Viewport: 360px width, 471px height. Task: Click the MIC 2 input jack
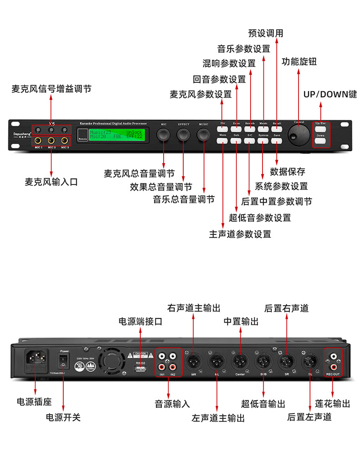(51, 141)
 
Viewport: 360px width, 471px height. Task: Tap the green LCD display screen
(116, 134)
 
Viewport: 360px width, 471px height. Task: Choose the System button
(263, 141)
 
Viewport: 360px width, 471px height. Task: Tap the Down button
(321, 141)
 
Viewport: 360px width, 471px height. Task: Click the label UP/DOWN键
(330, 94)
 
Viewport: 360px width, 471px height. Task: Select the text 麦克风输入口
(51, 182)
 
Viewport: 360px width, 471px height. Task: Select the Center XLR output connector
(240, 363)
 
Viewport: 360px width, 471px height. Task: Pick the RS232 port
(140, 368)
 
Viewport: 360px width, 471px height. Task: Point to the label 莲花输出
(333, 404)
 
